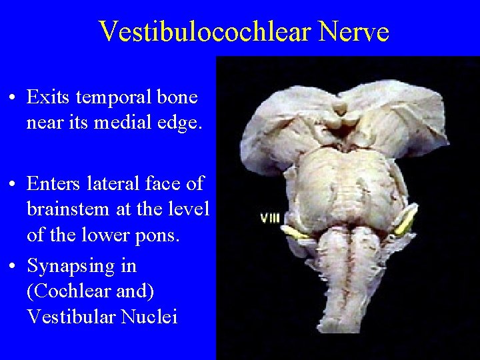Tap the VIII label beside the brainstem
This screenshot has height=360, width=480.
click(269, 218)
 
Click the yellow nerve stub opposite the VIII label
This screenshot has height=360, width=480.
click(406, 222)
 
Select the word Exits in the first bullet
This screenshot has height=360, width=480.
click(49, 97)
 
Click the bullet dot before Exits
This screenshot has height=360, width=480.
click(14, 98)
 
